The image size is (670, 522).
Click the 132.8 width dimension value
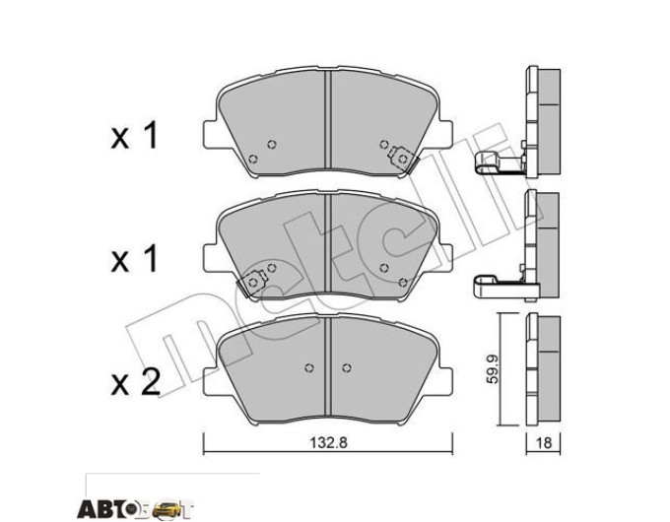[x=328, y=442]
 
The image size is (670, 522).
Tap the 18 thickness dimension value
[x=543, y=442]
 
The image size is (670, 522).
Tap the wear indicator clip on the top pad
[x=403, y=160]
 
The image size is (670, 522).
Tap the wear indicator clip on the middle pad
[x=252, y=283]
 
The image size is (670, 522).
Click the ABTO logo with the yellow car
[x=135, y=508]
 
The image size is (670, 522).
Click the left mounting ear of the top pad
[x=209, y=134]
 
